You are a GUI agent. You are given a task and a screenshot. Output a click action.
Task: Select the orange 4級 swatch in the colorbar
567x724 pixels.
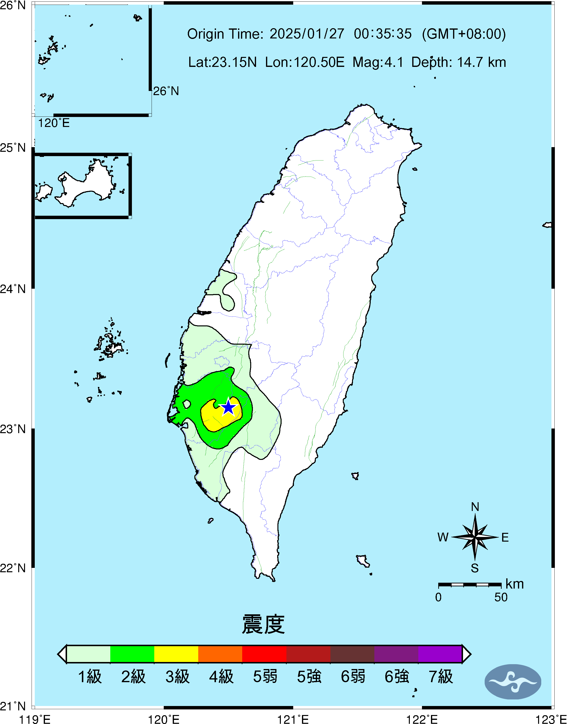(x=220, y=654)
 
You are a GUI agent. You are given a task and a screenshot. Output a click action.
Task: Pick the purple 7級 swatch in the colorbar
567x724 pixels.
(x=440, y=654)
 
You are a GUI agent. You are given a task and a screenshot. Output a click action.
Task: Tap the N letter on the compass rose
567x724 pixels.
(x=475, y=507)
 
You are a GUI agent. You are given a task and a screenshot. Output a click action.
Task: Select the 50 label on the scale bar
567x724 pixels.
(x=501, y=597)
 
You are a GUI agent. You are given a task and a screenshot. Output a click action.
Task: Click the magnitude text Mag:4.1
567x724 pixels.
(x=378, y=62)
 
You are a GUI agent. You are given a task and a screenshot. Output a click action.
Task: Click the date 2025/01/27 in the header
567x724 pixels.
(x=307, y=34)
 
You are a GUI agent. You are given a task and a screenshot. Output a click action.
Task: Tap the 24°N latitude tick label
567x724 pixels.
(x=13, y=289)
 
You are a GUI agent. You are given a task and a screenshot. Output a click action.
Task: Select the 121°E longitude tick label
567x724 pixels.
(x=293, y=719)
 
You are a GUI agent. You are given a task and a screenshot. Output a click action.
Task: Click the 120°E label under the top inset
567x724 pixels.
(x=54, y=123)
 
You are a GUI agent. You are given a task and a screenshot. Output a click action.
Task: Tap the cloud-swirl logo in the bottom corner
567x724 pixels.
(x=513, y=682)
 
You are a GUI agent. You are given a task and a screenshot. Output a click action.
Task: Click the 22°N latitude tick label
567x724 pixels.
(x=13, y=568)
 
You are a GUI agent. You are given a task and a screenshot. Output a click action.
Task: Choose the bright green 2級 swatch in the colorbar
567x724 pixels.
(x=132, y=654)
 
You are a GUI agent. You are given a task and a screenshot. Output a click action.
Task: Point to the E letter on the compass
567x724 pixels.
(x=505, y=537)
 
